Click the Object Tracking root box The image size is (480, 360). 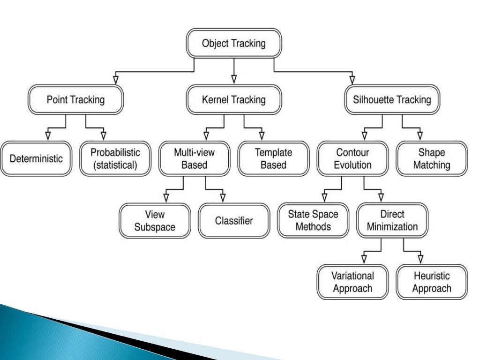(233, 44)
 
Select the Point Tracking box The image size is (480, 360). (75, 100)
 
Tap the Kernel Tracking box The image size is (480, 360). (233, 100)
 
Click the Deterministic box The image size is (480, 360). (36, 158)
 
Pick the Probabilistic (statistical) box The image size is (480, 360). (115, 159)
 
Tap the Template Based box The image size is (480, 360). (273, 159)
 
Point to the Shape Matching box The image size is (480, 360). (433, 159)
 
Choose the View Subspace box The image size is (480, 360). (155, 220)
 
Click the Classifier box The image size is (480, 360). (234, 220)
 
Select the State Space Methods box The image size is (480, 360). (313, 220)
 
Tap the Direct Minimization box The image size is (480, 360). (392, 220)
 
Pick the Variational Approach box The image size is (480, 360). (352, 282)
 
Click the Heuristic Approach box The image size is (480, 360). (432, 282)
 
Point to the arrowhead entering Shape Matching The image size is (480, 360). (420, 136)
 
